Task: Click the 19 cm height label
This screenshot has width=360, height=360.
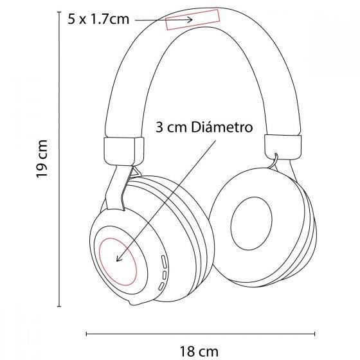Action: click(x=42, y=159)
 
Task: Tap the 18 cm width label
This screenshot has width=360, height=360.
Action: click(x=199, y=351)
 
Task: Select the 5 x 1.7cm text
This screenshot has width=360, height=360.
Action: click(x=98, y=19)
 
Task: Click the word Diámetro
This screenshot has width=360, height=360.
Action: click(x=222, y=127)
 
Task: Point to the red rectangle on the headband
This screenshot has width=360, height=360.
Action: click(x=193, y=20)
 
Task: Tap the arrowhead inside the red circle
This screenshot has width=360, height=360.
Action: click(x=119, y=258)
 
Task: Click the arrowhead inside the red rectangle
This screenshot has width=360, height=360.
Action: click(x=190, y=19)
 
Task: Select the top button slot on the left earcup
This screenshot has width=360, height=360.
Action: click(x=164, y=262)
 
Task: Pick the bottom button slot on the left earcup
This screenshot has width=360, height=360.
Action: click(x=161, y=286)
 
